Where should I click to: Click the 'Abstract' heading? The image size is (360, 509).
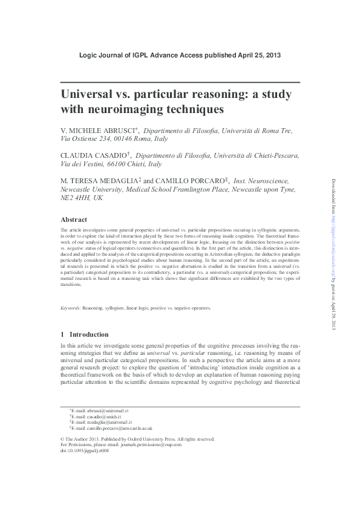[74, 219]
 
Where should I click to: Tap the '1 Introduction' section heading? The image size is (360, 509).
[85, 334]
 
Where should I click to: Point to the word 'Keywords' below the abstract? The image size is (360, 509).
[72, 308]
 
